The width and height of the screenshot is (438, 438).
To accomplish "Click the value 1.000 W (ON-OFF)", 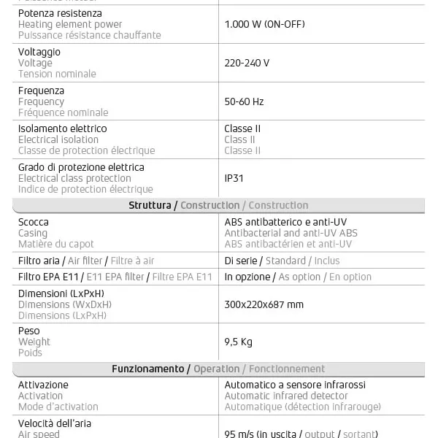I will tap(264, 24).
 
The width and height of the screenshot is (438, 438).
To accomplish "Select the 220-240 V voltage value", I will tap(247, 63).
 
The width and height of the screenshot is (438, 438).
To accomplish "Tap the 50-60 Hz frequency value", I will tap(244, 101).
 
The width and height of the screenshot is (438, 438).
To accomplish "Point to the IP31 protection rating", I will tap(234, 177).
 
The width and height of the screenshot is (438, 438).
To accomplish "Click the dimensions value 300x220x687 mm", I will tap(264, 304).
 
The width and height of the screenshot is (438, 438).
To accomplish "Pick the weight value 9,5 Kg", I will tap(238, 342).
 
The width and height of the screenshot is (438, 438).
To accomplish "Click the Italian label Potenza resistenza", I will tap(60, 13).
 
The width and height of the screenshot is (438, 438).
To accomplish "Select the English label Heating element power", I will tap(70, 24).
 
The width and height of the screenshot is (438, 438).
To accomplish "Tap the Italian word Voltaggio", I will tap(39, 52).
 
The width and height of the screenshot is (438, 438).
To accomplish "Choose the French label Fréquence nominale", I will tap(63, 112).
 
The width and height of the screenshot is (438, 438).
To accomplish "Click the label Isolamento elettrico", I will tap(62, 128).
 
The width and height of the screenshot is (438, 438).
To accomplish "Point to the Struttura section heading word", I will tap(150, 205).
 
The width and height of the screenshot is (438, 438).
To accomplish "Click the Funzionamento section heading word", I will tap(148, 369).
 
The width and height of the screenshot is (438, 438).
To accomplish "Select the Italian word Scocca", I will tap(34, 222).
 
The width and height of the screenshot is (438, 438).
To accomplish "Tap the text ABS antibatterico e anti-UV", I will tap(287, 222).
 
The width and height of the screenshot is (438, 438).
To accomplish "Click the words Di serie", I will tap(241, 261).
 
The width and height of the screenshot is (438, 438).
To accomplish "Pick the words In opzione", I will tap(247, 277).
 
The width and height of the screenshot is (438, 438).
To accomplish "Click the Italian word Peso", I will tap(29, 331).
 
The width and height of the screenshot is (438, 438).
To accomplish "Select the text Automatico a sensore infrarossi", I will tap(295, 385).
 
